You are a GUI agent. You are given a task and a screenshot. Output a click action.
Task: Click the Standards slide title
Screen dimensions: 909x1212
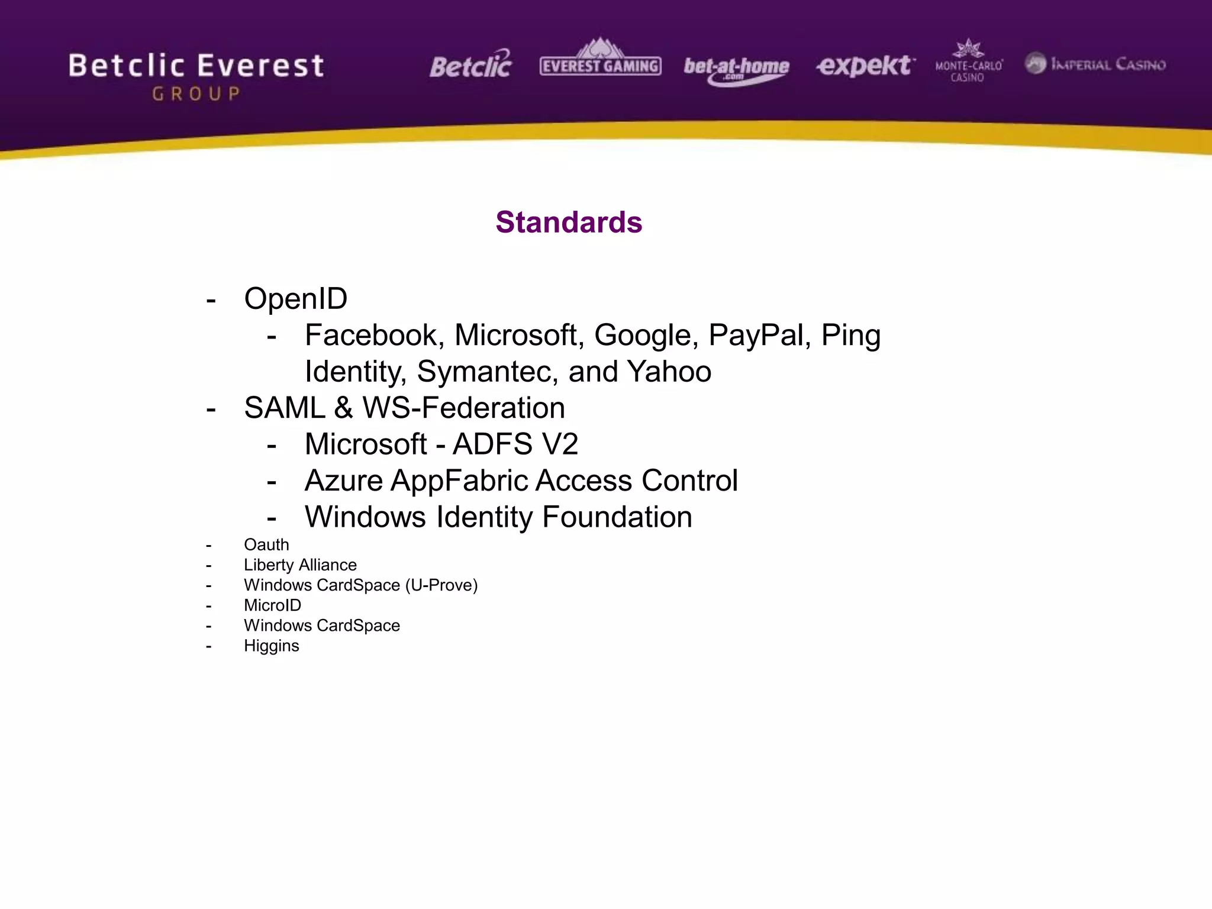coord(569,223)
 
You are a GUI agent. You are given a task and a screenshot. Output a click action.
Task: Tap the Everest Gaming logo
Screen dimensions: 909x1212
coord(600,59)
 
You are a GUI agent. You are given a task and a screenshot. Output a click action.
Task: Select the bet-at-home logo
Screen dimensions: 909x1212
coord(736,69)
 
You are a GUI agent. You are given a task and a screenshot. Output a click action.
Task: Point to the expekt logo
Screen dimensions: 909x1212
coord(865,65)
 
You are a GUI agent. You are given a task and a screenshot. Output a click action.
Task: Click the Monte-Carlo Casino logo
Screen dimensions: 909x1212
coord(968,63)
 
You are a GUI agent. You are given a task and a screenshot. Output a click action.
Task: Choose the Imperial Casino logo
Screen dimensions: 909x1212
coord(1095,64)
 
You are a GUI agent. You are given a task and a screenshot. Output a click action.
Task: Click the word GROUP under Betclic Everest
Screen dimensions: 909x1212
coord(196,94)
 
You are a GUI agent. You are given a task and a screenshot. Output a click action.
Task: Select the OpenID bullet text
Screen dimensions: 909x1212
coord(295,298)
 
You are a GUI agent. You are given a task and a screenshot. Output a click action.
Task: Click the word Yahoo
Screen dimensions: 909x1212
coord(669,372)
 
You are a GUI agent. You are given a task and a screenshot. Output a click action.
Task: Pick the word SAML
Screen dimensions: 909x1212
coord(284,408)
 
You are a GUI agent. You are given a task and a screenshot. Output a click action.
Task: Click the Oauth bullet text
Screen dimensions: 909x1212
coord(266,544)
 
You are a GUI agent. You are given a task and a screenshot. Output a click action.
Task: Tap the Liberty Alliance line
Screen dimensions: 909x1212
coord(300,565)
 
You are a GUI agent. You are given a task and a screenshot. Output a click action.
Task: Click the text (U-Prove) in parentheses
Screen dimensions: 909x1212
coord(441,585)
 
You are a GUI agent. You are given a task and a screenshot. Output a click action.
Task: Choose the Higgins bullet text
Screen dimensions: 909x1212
coord(271,646)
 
